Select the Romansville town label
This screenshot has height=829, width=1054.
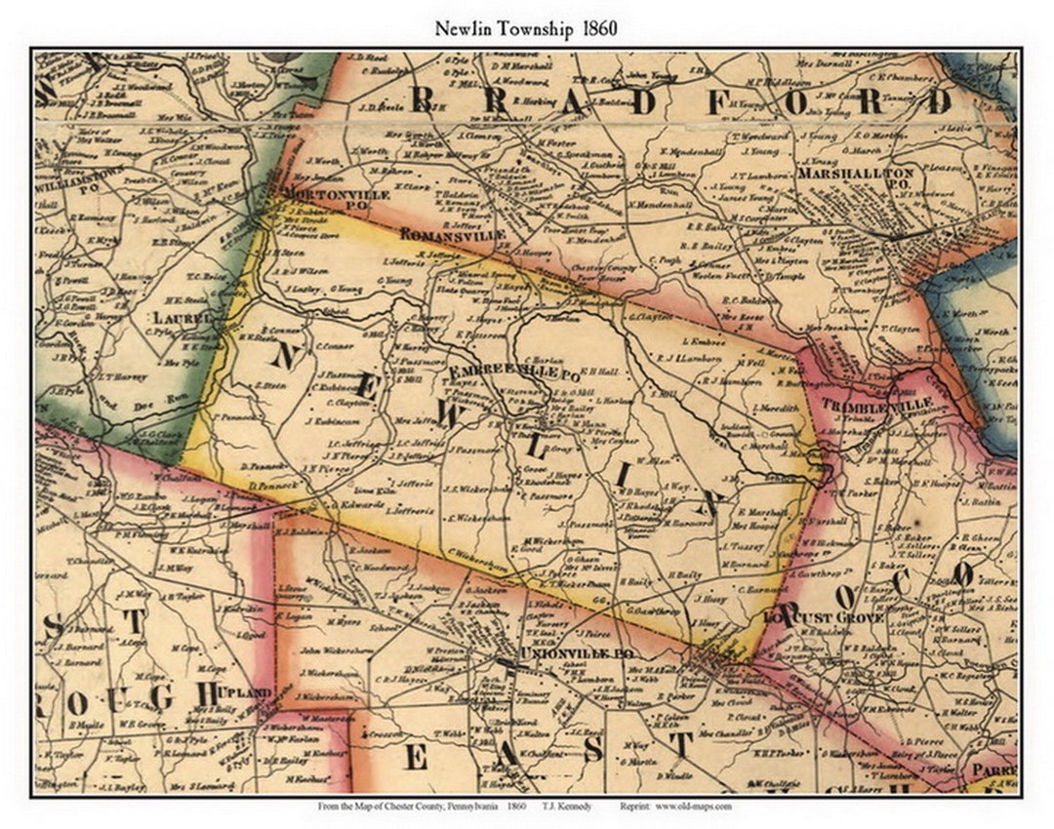click(453, 235)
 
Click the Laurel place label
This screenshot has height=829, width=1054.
click(182, 318)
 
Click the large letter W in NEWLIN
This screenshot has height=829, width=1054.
click(444, 412)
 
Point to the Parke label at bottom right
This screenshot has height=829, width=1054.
click(993, 769)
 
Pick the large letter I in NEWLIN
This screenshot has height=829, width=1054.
click(622, 474)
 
